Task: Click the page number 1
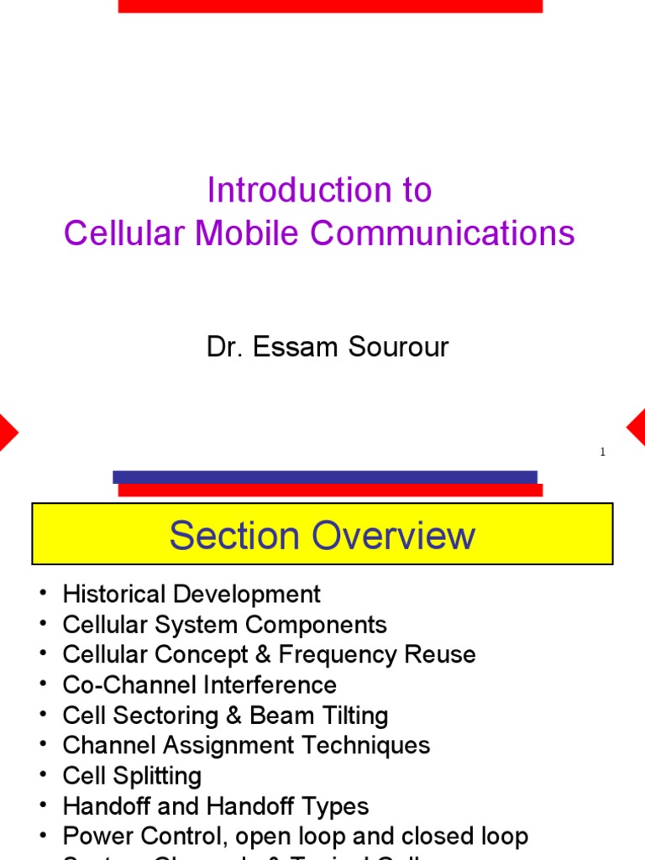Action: [x=602, y=452]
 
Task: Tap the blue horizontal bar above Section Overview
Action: [x=324, y=476]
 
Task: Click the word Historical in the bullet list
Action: [x=114, y=595]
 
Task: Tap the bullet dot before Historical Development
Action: [x=42, y=595]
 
